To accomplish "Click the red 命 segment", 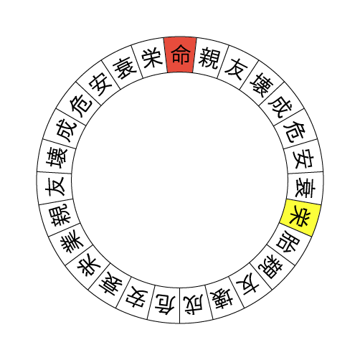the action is tap(180, 55).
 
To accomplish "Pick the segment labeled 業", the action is tap(72, 242).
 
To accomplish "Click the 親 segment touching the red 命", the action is tap(209, 58).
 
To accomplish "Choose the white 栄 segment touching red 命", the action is tap(151, 58).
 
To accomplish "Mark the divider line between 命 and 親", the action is tap(194, 55).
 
